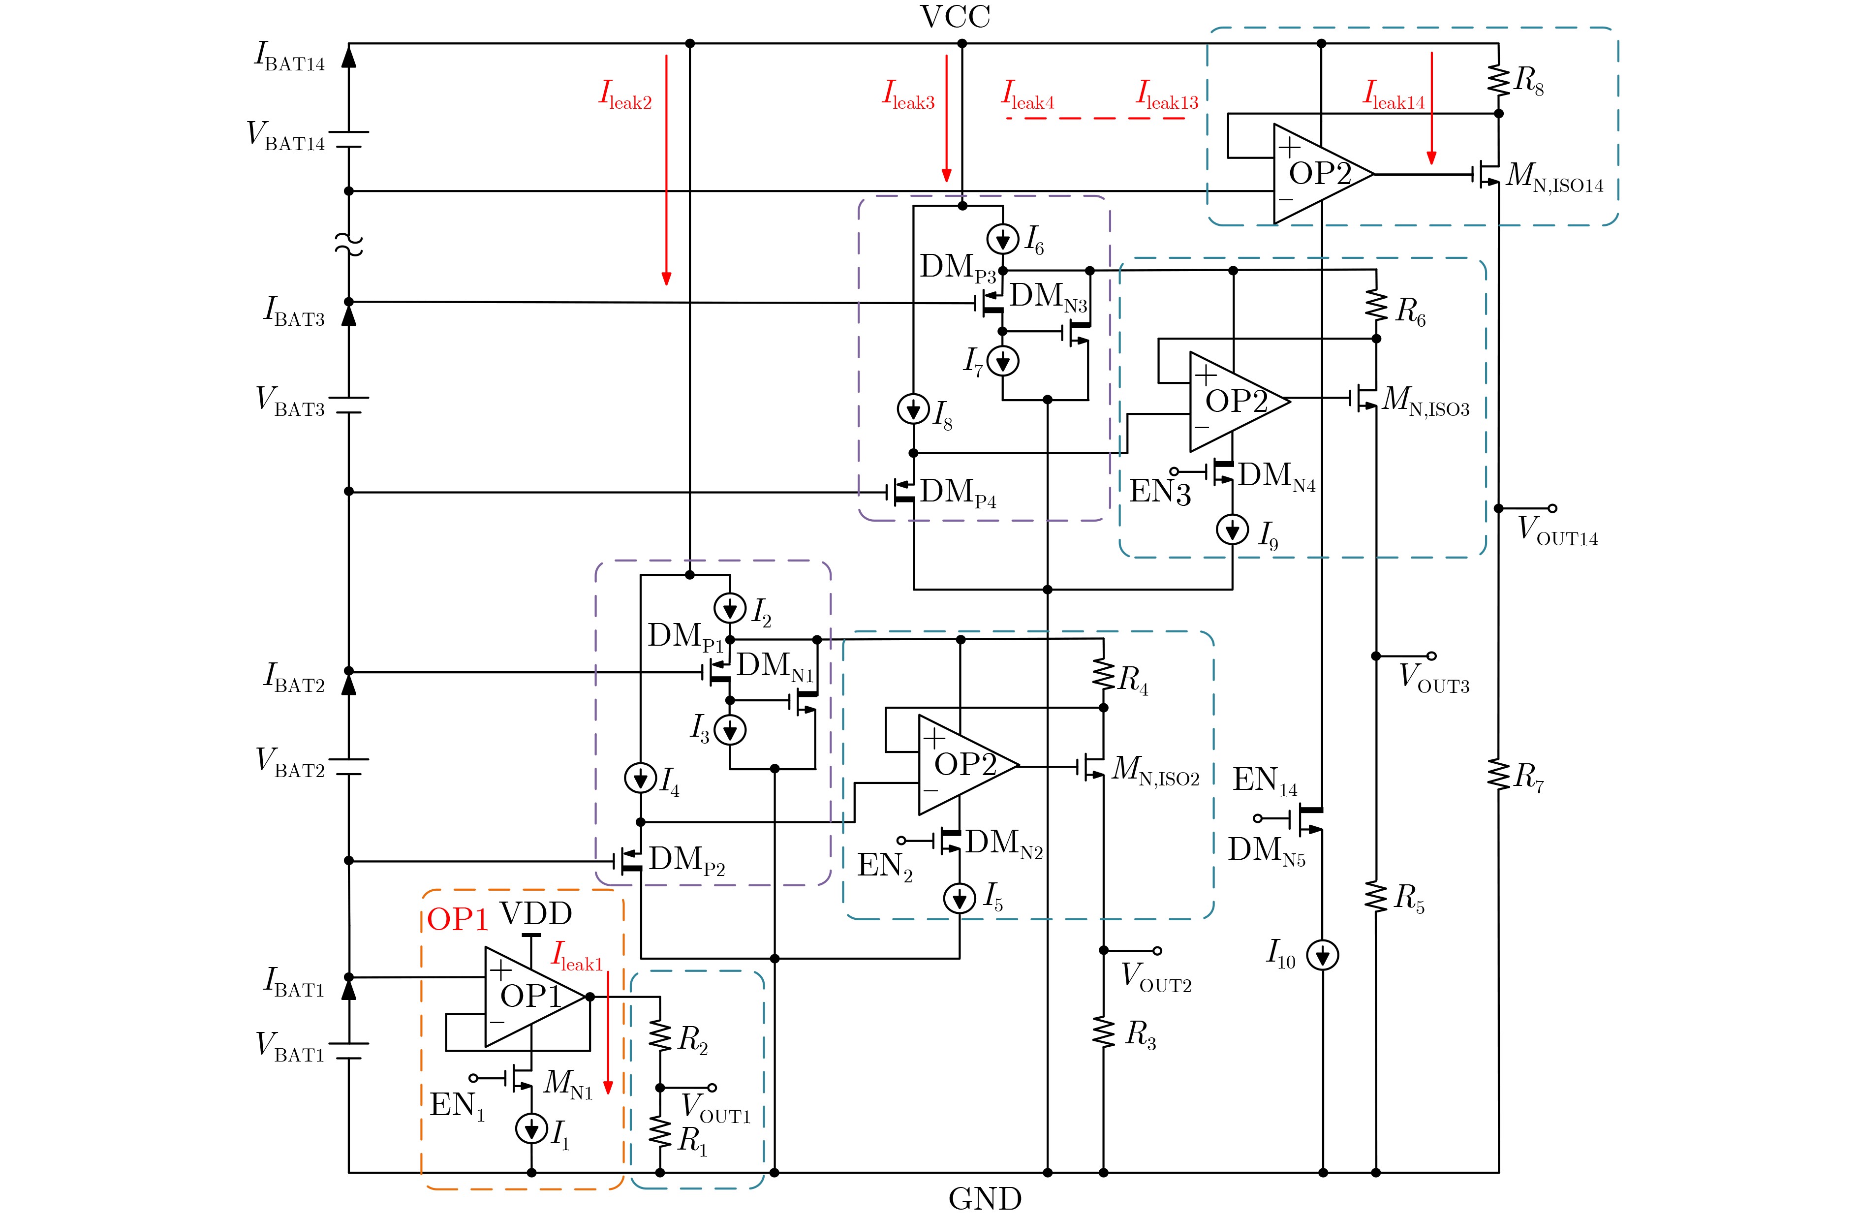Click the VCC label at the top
pos(955,17)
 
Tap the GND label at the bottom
pos(985,1198)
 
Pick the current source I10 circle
pos(1322,955)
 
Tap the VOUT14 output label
pos(1557,530)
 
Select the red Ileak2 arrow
pos(666,169)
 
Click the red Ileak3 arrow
pos(946,117)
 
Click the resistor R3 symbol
pos(1104,1033)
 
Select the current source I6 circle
pos(1003,239)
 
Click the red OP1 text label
pos(457,919)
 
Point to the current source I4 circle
pos(640,778)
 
